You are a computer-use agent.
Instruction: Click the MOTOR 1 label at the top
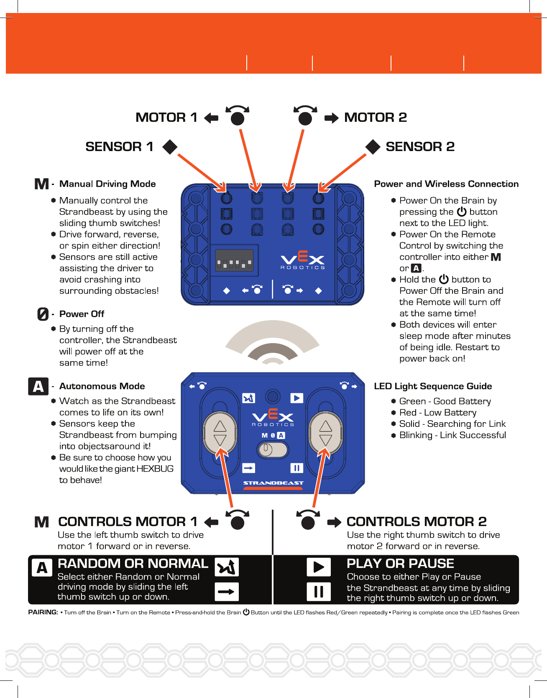pyautogui.click(x=166, y=118)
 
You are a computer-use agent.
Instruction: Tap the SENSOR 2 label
pyautogui.click(x=420, y=147)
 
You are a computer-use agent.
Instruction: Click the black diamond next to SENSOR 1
pyautogui.click(x=170, y=147)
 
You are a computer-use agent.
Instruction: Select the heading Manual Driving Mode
pyautogui.click(x=107, y=184)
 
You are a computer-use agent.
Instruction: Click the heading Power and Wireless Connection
pyautogui.click(x=446, y=184)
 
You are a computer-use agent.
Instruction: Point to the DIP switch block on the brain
pyautogui.click(x=234, y=262)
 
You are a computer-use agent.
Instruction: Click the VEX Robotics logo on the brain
pyautogui.click(x=302, y=260)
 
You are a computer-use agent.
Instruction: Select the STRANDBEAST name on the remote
pyautogui.click(x=273, y=483)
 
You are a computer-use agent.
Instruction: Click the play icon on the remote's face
pyautogui.click(x=297, y=398)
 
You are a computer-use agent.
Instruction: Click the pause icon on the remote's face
pyautogui.click(x=297, y=468)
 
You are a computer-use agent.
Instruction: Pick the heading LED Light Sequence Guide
pyautogui.click(x=433, y=386)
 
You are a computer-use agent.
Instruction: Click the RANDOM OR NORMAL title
pyautogui.click(x=133, y=564)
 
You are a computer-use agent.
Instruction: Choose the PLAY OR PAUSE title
pyautogui.click(x=400, y=564)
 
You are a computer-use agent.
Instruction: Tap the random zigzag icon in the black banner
pyautogui.click(x=227, y=567)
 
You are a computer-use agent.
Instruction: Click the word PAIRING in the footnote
pyautogui.click(x=43, y=612)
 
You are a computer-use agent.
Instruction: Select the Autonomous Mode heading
pyautogui.click(x=102, y=386)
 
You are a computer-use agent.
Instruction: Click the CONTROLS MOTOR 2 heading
pyautogui.click(x=417, y=522)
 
